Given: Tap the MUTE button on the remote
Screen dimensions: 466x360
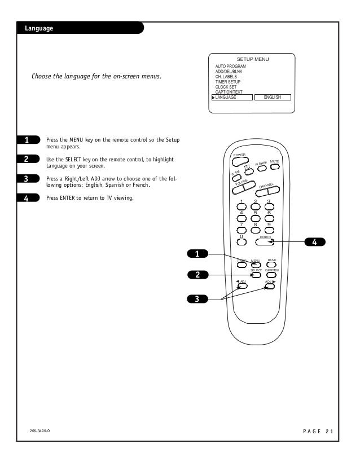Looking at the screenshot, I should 275,168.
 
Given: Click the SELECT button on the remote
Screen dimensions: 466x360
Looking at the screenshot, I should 256,275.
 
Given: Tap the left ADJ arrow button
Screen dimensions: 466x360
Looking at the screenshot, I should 242,286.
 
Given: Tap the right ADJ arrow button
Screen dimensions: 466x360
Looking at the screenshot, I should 270,286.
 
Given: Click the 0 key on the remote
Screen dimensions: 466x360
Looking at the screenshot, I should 242,241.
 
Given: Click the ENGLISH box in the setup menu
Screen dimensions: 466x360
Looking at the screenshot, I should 273,97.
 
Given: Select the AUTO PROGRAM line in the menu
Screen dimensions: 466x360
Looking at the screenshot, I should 231,66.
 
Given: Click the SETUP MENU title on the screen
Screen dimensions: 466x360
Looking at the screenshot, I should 253,59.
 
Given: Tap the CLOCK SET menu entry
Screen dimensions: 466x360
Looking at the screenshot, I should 227,87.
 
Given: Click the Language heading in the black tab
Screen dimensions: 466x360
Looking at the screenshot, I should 35,29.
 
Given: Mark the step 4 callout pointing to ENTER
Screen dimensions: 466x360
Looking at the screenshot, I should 315,242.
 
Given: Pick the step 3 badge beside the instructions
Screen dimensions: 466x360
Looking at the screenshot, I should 27,179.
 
